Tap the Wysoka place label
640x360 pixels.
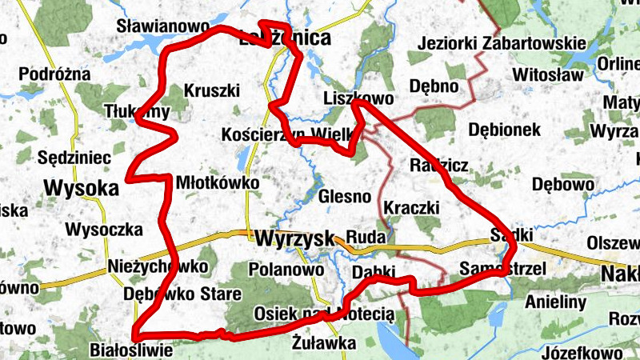click(x=82, y=188)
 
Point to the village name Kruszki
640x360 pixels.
click(x=211, y=90)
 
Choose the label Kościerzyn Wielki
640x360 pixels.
click(x=286, y=134)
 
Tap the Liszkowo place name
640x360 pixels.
click(x=359, y=98)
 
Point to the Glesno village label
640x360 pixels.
click(x=345, y=196)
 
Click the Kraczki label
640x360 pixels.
click(x=412, y=207)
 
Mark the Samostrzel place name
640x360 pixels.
click(x=503, y=268)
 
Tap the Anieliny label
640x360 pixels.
click(x=556, y=302)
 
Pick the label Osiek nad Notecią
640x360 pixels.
click(x=324, y=313)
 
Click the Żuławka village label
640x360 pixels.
click(x=323, y=344)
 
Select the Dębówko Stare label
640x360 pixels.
click(x=182, y=294)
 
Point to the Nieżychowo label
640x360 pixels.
click(x=157, y=266)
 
